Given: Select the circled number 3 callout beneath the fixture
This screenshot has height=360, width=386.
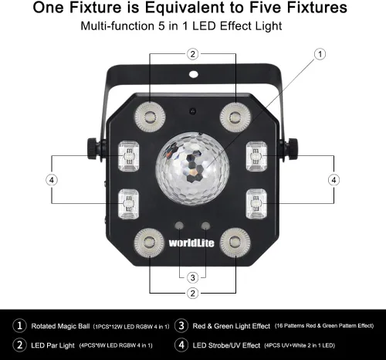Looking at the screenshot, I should tap(193, 277).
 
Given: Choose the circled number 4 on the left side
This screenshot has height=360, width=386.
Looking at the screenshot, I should tap(51, 179).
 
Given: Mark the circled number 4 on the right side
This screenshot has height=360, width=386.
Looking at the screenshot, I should tap(334, 179).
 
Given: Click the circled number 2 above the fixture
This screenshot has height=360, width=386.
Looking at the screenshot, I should tap(193, 54).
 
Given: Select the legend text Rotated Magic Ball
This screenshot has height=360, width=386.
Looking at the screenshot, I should tap(72, 325).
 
